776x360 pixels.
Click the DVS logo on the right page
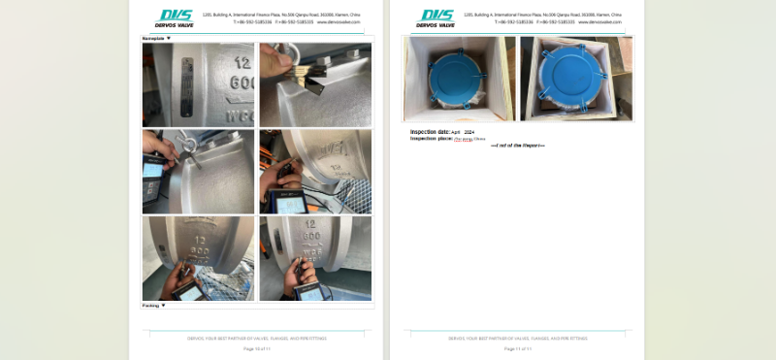click(436, 17)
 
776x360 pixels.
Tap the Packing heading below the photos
click(151, 306)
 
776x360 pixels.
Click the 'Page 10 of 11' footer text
click(257, 348)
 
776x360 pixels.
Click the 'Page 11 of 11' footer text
click(517, 348)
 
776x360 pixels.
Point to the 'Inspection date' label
click(430, 131)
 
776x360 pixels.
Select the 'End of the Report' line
click(517, 146)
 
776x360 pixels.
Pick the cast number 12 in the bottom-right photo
click(312, 233)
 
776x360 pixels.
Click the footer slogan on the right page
click(517, 339)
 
